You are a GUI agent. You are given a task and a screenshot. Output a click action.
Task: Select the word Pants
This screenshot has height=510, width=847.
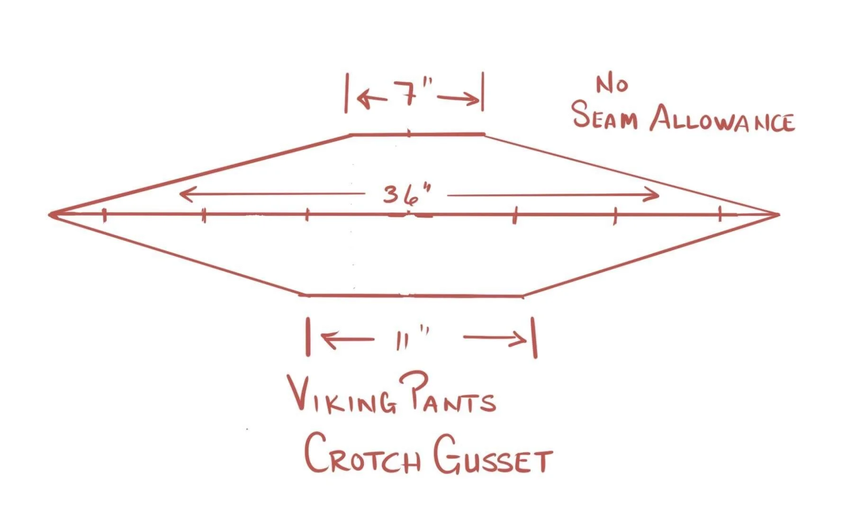pyautogui.click(x=446, y=398)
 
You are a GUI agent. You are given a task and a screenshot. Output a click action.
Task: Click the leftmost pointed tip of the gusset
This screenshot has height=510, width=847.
pyautogui.click(x=51, y=215)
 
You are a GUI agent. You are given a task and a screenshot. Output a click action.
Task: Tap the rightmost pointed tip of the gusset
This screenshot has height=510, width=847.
pyautogui.click(x=778, y=215)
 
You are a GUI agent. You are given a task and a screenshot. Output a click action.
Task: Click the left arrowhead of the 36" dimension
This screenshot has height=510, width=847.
pyautogui.click(x=182, y=193)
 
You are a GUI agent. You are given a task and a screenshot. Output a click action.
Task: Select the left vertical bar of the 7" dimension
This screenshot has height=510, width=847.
pyautogui.click(x=346, y=93)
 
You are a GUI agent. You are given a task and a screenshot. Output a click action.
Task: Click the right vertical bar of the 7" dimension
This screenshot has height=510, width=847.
pyautogui.click(x=483, y=92)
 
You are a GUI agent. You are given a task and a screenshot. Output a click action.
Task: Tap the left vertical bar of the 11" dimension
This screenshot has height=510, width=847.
pyautogui.click(x=308, y=337)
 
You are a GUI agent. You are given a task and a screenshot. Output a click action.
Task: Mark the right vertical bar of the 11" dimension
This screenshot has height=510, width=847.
pyautogui.click(x=535, y=337)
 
